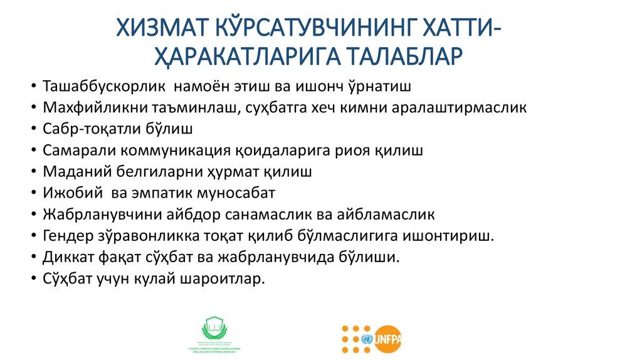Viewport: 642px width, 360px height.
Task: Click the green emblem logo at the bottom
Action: (x=215, y=331)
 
